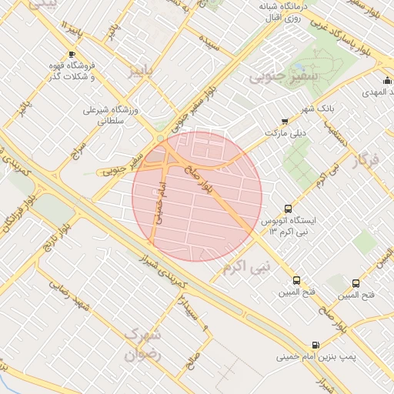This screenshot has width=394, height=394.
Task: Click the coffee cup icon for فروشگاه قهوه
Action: point(72,55)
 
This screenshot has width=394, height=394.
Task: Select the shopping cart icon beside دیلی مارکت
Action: point(285,121)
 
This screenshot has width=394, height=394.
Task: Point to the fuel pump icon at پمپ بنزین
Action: point(314,346)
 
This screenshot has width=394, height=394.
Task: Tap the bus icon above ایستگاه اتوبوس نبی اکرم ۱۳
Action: point(288,208)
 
